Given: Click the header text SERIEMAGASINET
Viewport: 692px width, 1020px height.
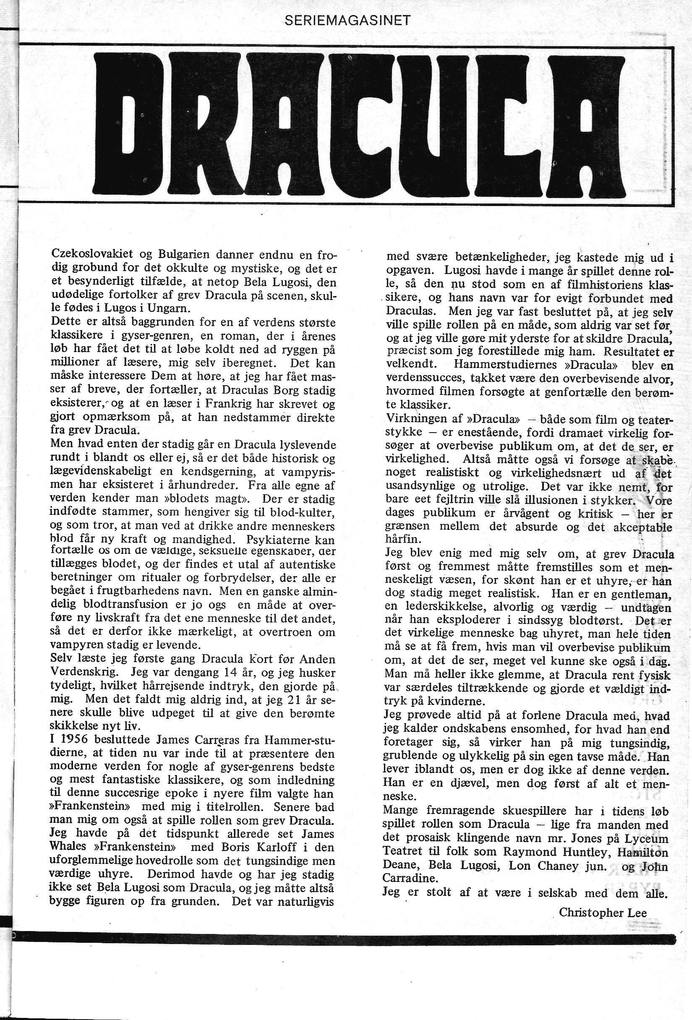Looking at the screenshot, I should [347, 21].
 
